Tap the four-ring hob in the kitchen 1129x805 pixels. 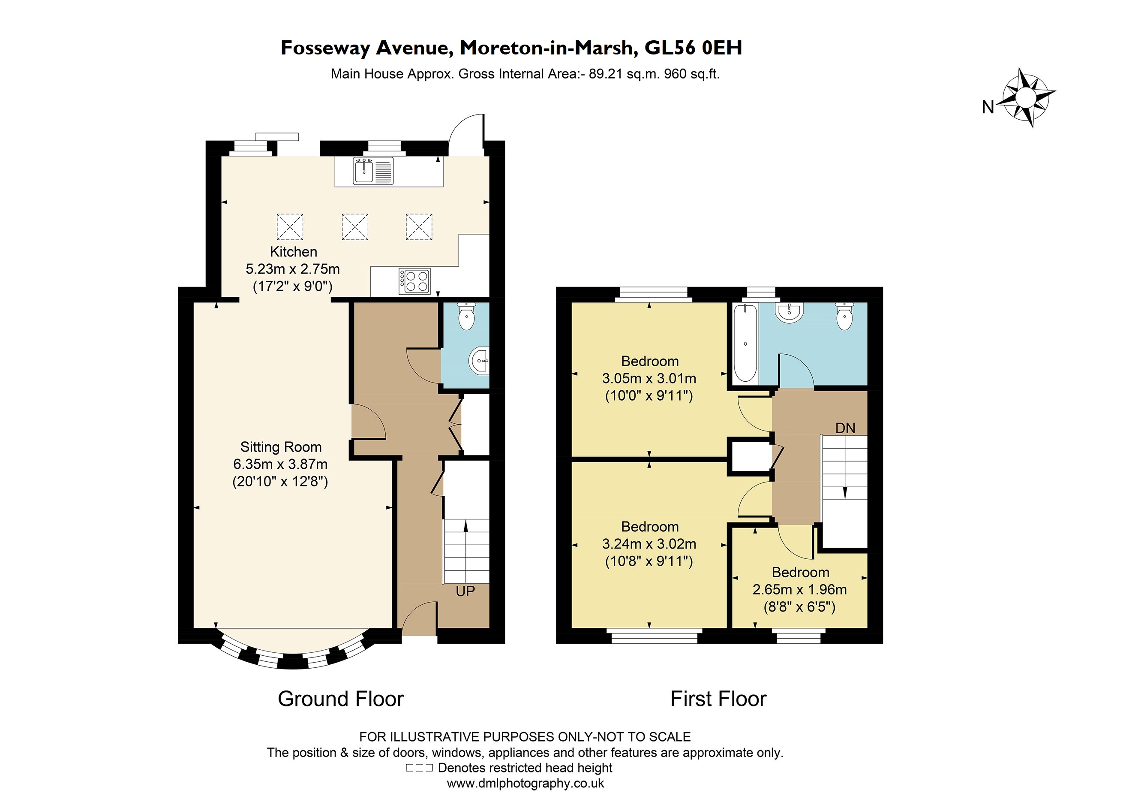pos(414,281)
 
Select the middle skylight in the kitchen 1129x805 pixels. pos(355,227)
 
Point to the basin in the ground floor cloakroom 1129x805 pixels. pos(480,360)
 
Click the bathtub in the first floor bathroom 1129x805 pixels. pos(744,343)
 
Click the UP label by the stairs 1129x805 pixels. pos(465,591)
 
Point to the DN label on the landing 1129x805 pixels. pos(845,428)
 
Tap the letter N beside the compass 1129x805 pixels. pos(988,107)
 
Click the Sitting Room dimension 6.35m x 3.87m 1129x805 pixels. pos(280,464)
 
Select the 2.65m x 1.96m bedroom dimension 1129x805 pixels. pos(799,589)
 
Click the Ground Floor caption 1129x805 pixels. pos(340,699)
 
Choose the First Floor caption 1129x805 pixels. pos(718,699)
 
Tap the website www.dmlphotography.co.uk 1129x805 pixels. pos(525,784)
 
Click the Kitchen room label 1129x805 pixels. pos(293,251)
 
